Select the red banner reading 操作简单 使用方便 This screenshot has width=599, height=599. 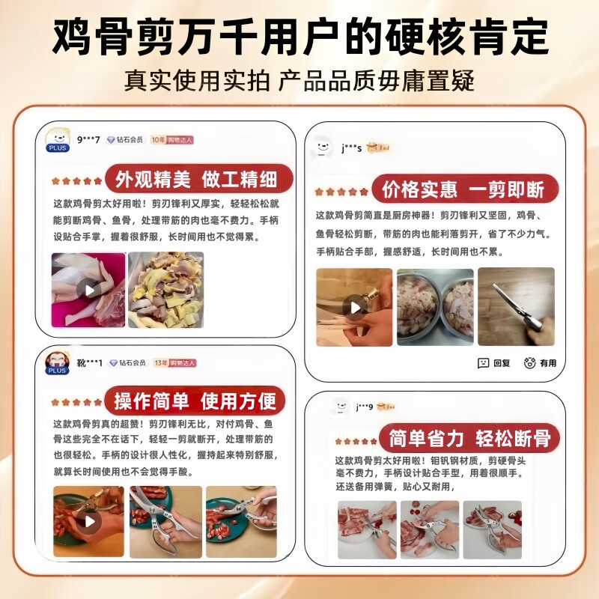pyautogui.click(x=195, y=401)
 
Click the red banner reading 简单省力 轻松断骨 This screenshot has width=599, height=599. pyautogui.click(x=470, y=438)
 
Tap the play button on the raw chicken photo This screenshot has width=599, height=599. pyautogui.click(x=89, y=290)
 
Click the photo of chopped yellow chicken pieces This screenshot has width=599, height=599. pyautogui.click(x=165, y=290)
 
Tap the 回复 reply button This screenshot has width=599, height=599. pyautogui.click(x=494, y=363)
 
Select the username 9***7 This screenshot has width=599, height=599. pyautogui.click(x=89, y=139)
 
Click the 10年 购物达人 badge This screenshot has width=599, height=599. pyautogui.click(x=173, y=140)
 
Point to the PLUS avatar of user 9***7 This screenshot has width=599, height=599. pyautogui.click(x=58, y=139)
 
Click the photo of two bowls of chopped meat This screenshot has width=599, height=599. pyautogui.click(x=435, y=306)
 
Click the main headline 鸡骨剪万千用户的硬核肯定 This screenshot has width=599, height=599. pyautogui.click(x=299, y=36)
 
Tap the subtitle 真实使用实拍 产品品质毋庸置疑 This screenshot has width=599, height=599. pyautogui.click(x=299, y=81)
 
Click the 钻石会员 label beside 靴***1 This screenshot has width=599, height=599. pyautogui.click(x=127, y=362)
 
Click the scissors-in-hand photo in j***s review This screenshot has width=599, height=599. pyautogui.click(x=516, y=306)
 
